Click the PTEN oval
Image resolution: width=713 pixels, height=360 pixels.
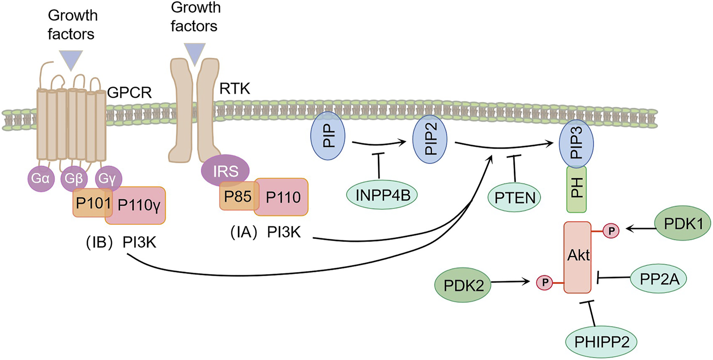point(514,197)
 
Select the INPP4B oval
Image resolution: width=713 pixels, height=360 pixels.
point(382,195)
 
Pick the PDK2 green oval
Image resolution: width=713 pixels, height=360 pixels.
point(463,285)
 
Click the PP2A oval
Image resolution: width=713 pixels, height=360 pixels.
point(659,279)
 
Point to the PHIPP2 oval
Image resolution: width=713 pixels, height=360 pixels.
point(601,342)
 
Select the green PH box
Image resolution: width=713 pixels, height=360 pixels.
point(576,189)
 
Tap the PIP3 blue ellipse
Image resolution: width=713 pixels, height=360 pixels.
point(576,143)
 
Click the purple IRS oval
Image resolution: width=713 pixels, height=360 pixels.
point(225,171)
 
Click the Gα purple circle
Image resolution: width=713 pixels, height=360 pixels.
point(41,178)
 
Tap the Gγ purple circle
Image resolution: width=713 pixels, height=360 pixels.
point(107,178)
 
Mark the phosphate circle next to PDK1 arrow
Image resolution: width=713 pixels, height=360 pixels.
point(611,231)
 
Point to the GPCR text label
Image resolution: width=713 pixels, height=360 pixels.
point(129,93)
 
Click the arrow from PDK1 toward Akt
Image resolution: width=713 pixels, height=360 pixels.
point(640,229)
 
